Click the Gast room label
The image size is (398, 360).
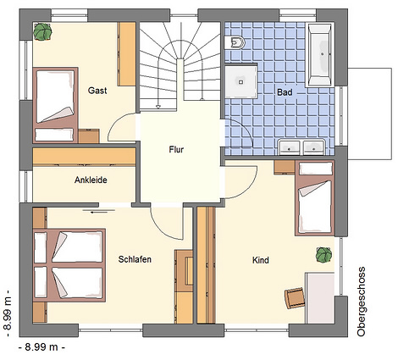point(97,91)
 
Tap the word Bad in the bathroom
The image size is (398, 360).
point(285,92)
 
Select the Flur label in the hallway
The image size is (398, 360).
point(176,149)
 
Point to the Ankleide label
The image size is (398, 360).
point(91,180)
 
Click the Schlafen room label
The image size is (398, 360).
point(135,259)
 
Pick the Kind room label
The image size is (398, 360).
point(261,260)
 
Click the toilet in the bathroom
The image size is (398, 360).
point(235,42)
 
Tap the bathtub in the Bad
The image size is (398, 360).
point(320,55)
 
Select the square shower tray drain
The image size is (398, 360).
point(240,82)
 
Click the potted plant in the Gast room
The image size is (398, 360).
point(43,31)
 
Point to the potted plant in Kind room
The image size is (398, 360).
point(323,255)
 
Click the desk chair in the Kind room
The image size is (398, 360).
point(295,298)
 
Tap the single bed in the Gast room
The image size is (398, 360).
point(56,105)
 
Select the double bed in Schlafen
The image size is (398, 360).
point(69,265)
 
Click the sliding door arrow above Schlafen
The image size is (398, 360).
point(99,212)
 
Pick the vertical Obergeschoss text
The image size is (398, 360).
point(361,302)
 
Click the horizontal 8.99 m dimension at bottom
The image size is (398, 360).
point(41,346)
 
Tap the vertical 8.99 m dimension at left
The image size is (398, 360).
point(8,313)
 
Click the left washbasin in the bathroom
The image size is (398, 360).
point(289,147)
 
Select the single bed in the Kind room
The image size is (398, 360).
point(315,198)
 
